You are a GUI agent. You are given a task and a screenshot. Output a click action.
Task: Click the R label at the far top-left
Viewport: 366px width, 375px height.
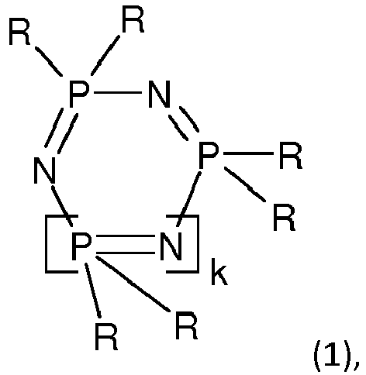pyautogui.click(x=19, y=31)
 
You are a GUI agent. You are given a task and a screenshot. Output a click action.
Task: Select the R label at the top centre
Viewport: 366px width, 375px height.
pyautogui.click(x=133, y=19)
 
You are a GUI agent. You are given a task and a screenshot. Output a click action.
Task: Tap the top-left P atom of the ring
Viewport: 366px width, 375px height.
pyautogui.click(x=79, y=94)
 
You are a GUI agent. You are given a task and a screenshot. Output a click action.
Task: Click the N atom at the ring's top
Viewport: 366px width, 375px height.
pyautogui.click(x=160, y=94)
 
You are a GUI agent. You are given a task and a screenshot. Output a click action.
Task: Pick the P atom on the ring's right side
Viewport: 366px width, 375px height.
pyautogui.click(x=209, y=155)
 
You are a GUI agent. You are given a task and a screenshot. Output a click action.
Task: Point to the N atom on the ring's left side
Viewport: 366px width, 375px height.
pyautogui.click(x=45, y=170)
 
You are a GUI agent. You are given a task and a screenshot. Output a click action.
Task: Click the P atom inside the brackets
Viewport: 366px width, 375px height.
pyautogui.click(x=81, y=246)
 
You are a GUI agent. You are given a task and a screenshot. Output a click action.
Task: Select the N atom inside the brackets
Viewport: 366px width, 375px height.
pyautogui.click(x=171, y=246)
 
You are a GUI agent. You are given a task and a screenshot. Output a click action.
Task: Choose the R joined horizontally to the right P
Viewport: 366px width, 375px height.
pyautogui.click(x=291, y=155)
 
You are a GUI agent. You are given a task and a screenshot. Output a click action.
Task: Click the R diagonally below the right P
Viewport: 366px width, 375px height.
pyautogui.click(x=284, y=217)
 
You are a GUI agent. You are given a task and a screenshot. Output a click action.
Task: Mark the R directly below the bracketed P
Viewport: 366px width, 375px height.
pyautogui.click(x=106, y=336)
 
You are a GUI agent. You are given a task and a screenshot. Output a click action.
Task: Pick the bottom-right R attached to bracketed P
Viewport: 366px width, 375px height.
pyautogui.click(x=186, y=325)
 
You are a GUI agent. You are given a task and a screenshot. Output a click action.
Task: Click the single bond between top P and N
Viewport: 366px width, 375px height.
pyautogui.click(x=118, y=92)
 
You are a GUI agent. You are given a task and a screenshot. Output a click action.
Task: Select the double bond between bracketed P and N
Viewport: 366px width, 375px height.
pyautogui.click(x=126, y=244)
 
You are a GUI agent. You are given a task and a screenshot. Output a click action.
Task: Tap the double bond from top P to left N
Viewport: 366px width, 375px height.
pyautogui.click(x=61, y=131)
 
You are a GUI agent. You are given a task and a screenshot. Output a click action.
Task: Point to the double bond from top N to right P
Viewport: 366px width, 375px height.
pyautogui.click(x=184, y=123)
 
